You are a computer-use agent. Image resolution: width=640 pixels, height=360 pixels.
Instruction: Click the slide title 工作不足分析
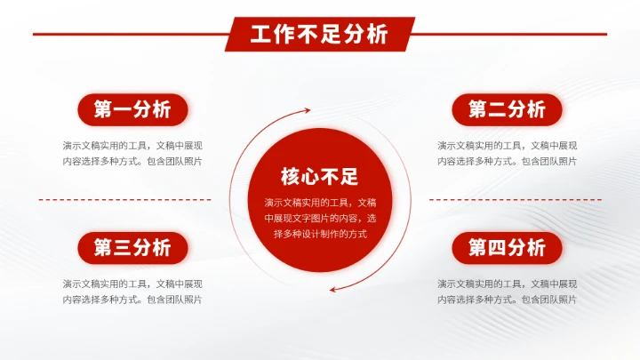319,35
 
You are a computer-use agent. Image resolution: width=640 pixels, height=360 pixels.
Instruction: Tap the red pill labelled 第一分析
132,110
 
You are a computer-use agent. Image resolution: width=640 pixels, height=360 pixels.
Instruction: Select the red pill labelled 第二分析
507,110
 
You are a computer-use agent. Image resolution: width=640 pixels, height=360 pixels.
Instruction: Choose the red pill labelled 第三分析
132,248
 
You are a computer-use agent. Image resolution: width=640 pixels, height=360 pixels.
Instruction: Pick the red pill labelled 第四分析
507,248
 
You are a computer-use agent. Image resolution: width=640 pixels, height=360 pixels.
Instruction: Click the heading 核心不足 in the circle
319,175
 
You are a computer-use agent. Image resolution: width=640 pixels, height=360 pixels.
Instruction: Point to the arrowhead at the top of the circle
307,111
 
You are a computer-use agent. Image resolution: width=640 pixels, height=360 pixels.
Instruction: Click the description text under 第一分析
132,153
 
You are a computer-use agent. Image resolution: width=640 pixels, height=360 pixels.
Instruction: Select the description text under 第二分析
507,153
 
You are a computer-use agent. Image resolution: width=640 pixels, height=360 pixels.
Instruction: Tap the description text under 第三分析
132,292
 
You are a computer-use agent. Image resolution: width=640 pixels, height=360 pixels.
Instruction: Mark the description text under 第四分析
507,292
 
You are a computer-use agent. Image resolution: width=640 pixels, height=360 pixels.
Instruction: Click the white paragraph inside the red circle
319,218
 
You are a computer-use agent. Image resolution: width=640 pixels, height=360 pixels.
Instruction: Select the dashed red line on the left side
124,200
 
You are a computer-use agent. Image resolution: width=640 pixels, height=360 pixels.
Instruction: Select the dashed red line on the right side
516,200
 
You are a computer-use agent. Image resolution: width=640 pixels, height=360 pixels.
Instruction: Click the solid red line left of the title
129,35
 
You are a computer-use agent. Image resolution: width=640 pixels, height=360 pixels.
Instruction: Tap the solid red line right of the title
511,35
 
